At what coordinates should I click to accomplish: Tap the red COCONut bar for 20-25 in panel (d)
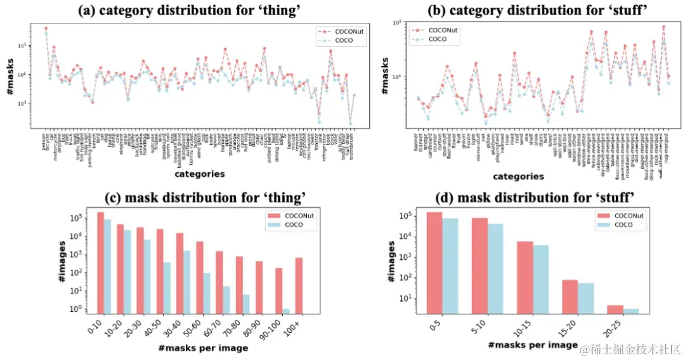(x=615, y=309)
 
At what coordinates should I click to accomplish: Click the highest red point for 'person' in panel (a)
(x=46, y=29)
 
